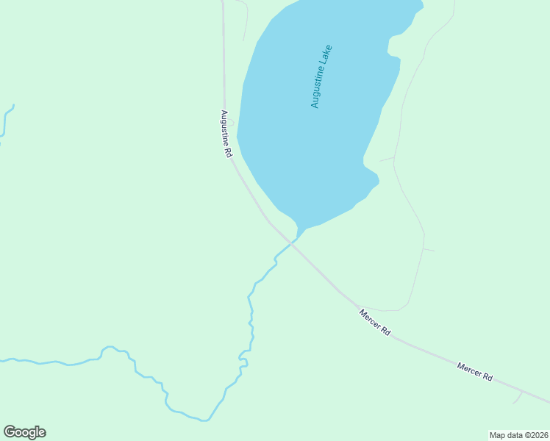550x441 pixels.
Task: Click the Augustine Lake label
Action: click(321, 77)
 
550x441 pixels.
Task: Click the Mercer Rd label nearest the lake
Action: click(375, 323)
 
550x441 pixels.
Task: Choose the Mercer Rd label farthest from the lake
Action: click(474, 371)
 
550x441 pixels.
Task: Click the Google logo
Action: click(24, 432)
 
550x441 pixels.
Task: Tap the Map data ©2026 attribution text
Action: click(518, 434)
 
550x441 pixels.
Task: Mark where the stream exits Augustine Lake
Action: click(301, 229)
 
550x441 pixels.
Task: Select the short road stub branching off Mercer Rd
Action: click(518, 398)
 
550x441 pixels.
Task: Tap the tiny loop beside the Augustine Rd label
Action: click(231, 122)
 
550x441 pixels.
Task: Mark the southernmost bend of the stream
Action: click(204, 420)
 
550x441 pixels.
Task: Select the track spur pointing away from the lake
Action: click(429, 250)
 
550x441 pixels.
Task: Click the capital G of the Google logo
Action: click(10, 432)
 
